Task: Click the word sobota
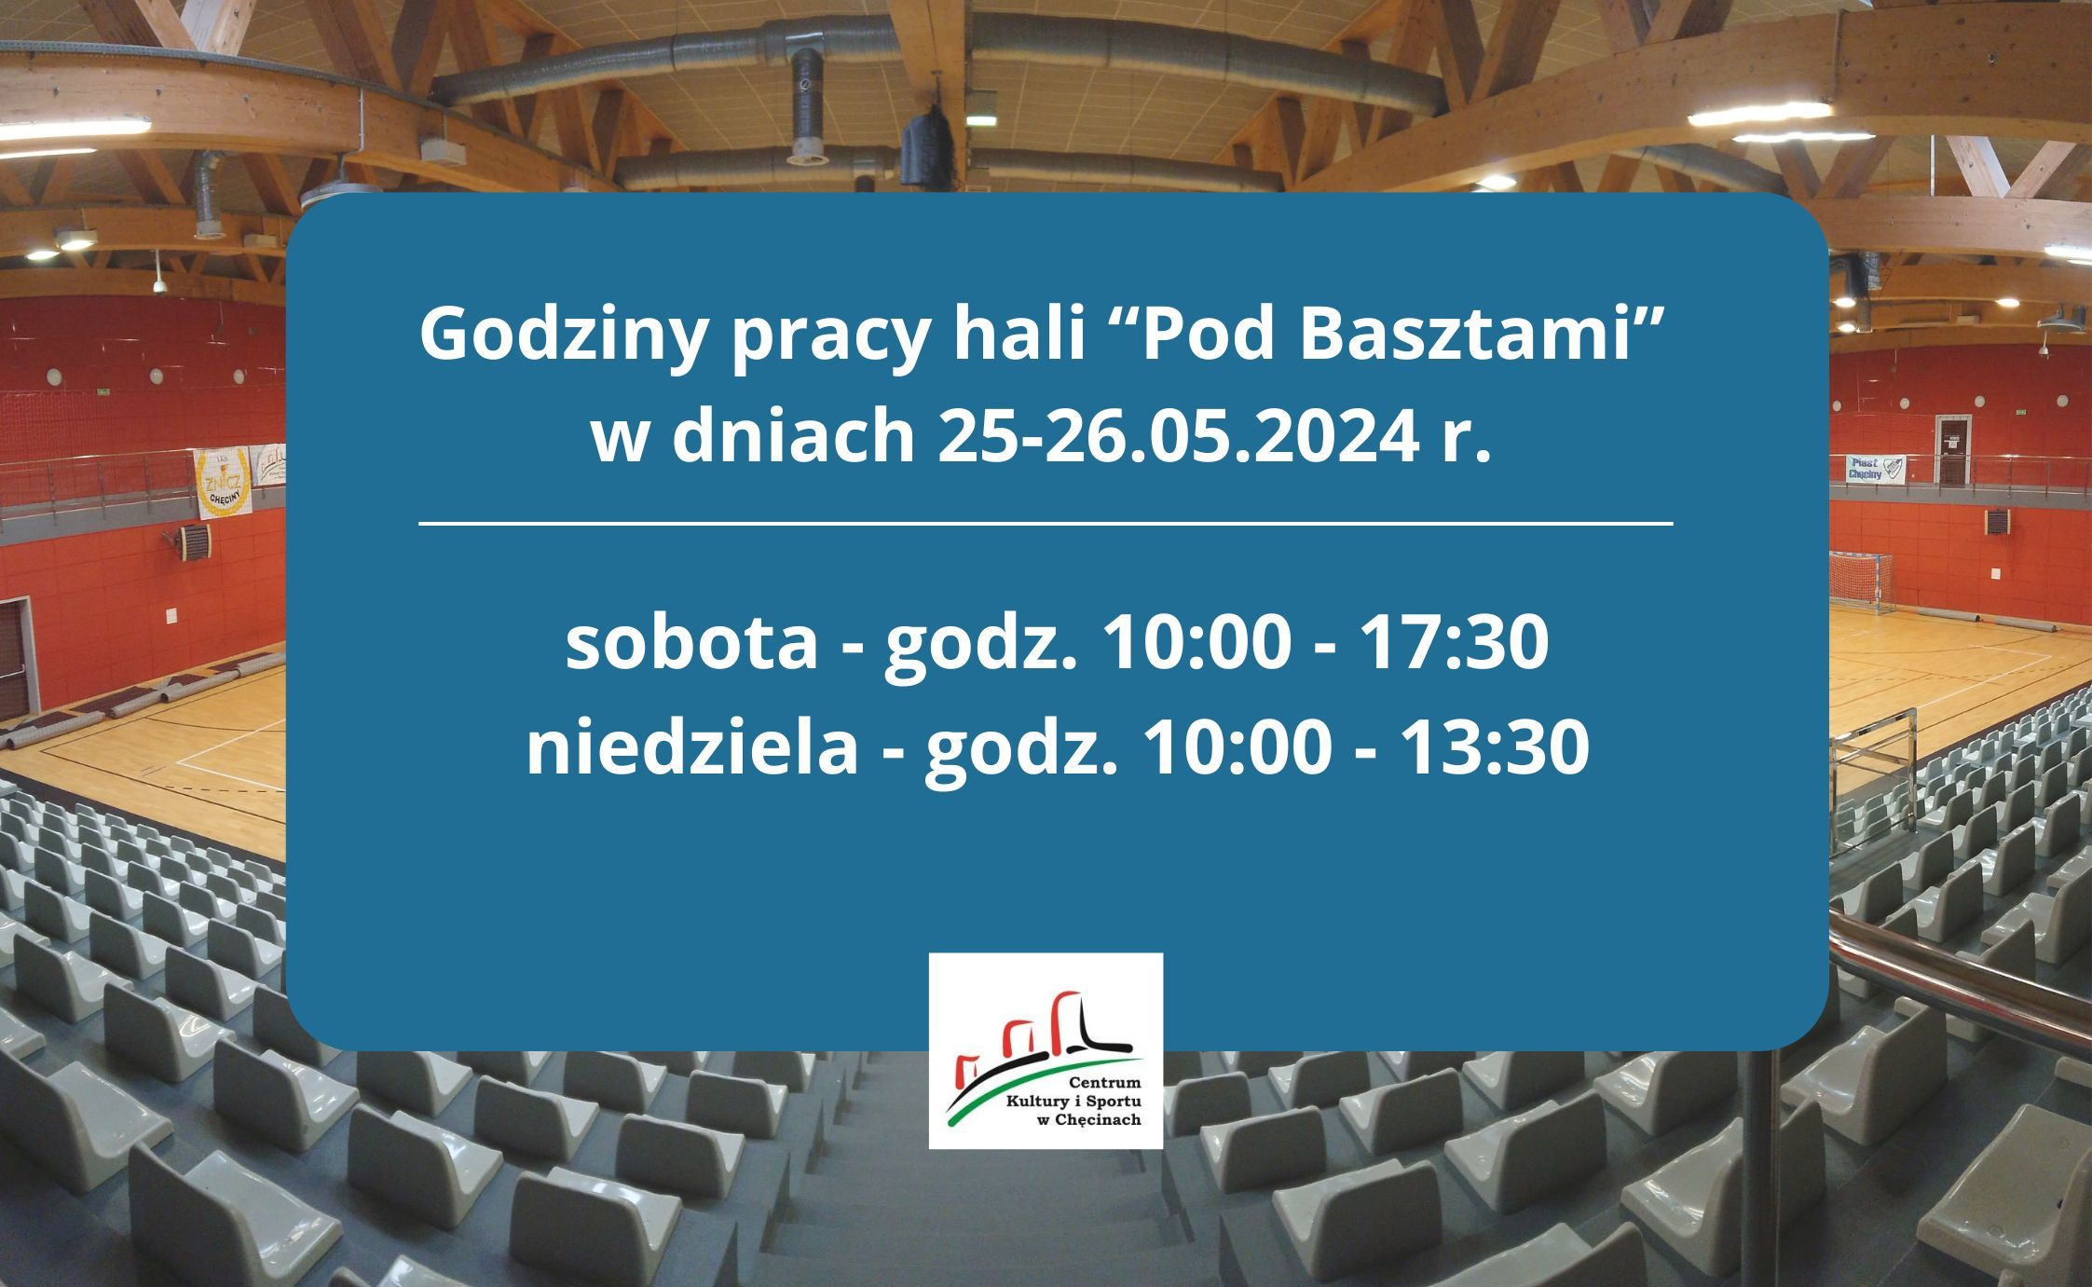click(690, 644)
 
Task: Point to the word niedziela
click(692, 747)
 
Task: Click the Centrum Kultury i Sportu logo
click(1046, 1050)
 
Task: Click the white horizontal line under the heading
click(1046, 525)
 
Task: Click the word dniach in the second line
click(793, 437)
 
